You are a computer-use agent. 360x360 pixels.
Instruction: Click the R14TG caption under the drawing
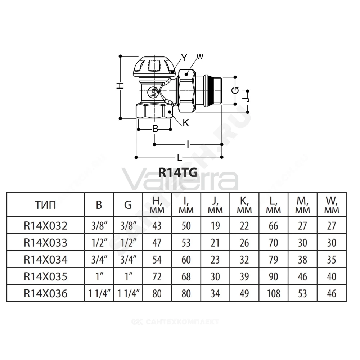click(178, 172)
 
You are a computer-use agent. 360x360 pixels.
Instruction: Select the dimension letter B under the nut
click(155, 129)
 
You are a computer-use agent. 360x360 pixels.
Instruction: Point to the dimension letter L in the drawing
click(180, 158)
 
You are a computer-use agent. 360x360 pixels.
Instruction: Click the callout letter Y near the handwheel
click(184, 58)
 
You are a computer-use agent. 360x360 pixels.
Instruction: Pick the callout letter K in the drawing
click(186, 123)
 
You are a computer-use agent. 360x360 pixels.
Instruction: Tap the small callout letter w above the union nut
click(200, 57)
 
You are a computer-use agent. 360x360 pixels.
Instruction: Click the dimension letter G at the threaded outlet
click(235, 91)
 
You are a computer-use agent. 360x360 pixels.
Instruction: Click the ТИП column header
click(45, 205)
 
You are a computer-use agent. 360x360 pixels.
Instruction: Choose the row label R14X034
click(45, 260)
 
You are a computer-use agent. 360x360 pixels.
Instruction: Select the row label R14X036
click(45, 294)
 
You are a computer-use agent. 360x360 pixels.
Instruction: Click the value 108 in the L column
click(274, 294)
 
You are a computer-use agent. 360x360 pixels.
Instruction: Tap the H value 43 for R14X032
click(157, 226)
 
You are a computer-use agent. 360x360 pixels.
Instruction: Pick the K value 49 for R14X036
click(244, 294)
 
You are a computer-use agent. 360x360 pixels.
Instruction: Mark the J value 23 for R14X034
click(215, 260)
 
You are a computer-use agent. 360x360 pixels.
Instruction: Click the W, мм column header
click(332, 205)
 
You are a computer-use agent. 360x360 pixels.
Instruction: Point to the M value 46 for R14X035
click(302, 276)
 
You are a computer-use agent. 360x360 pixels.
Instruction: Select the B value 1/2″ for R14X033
click(99, 243)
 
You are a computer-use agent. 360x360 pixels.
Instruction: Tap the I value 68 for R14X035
click(186, 276)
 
